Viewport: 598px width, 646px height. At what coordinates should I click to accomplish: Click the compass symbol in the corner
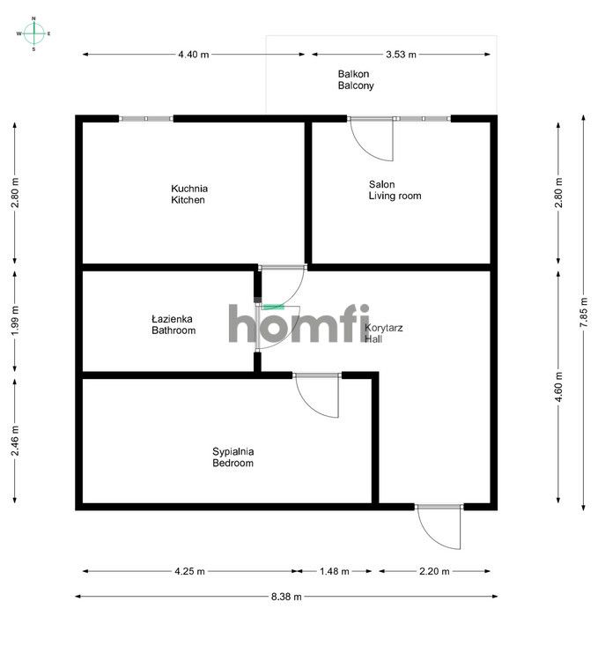33,33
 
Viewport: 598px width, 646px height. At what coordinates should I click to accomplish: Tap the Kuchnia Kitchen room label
188,194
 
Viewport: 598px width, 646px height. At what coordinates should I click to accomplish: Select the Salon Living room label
394,190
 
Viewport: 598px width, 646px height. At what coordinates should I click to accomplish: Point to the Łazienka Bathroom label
173,324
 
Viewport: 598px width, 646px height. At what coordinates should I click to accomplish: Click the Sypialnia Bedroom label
233,457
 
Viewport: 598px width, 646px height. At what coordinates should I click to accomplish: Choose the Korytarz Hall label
384,332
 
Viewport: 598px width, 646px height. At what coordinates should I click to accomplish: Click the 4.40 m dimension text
194,55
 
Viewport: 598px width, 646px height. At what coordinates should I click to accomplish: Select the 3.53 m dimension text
401,55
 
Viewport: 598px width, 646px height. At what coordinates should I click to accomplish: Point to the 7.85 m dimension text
582,312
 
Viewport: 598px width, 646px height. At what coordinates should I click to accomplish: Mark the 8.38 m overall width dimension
286,597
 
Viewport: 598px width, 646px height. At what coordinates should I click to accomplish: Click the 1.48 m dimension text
335,571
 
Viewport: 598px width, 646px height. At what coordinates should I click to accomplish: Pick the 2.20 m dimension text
434,571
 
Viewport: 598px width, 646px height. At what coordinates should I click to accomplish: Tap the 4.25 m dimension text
189,571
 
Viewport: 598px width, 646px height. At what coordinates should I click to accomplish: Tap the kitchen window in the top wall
145,118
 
